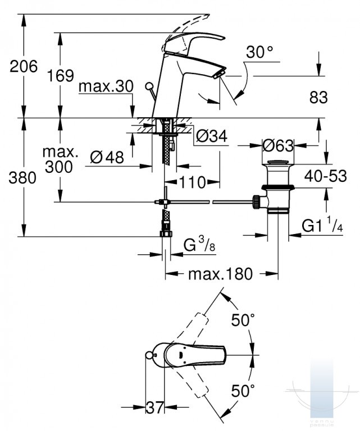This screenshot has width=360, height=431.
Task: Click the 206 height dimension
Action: tap(24, 67)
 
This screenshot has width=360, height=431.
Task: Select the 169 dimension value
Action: tap(61, 76)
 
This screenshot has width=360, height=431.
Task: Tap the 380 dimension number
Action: tap(22, 177)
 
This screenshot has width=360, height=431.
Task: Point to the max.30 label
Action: tap(106, 86)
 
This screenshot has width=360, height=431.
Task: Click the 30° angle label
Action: tap(259, 52)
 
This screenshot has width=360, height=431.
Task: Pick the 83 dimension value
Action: tap(318, 97)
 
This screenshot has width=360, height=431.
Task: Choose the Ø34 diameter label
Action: tap(212, 136)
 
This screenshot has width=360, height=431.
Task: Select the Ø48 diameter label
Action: tap(107, 158)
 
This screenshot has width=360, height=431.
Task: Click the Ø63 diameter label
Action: tap(278, 145)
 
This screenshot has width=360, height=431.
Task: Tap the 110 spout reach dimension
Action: tap(193, 182)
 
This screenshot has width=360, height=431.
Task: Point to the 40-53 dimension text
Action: tap(325, 176)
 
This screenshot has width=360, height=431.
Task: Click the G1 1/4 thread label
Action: tap(322, 225)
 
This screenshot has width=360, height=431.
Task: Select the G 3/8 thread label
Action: tap(199, 244)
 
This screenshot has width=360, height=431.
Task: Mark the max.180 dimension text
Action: tap(220, 274)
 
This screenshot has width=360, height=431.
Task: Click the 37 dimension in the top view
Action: tap(155, 407)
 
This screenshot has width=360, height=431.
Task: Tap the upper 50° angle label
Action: tap(243, 320)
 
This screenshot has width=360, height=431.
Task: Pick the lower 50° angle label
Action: tap(243, 391)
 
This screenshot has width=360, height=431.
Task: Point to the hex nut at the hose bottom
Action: tap(166, 234)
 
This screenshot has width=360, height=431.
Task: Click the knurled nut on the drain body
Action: tap(256, 202)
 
